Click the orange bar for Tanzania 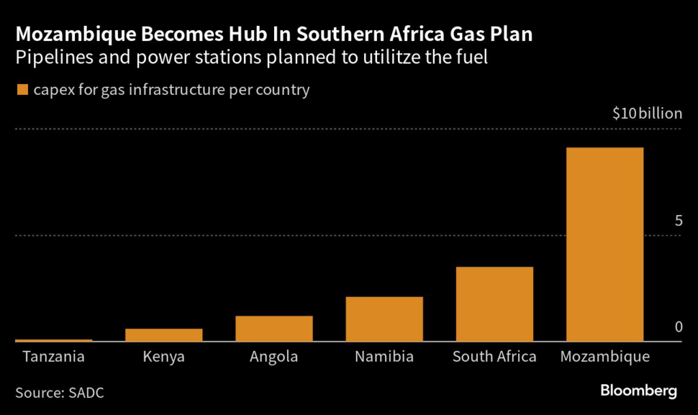pos(53,340)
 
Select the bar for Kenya pos(164,335)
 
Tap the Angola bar pos(274,328)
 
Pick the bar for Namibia pos(384,319)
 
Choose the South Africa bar pos(494,304)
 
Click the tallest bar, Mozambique pos(605,244)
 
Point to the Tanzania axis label pos(53,357)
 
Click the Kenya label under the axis pos(164,357)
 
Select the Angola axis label pos(274,357)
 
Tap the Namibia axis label pos(384,357)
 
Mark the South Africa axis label pos(494,357)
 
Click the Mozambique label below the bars pos(605,357)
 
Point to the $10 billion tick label pos(647,114)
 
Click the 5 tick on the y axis pos(678,221)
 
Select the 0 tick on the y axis pos(678,327)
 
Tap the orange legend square pos(22,89)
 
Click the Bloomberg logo pos(638,391)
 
